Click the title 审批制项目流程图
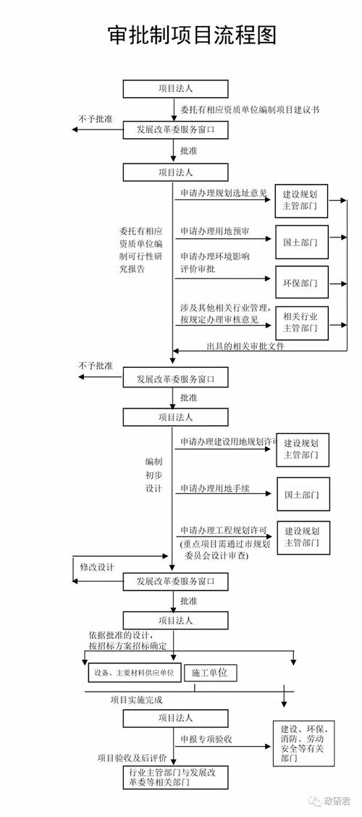pyautogui.click(x=181, y=35)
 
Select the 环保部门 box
pyautogui.click(x=300, y=282)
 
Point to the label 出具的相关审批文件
pyautogui.click(x=245, y=346)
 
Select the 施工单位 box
pyautogui.click(x=209, y=673)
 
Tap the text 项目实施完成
pyautogui.click(x=137, y=700)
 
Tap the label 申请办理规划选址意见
pyautogui.click(x=224, y=194)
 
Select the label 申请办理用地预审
pyautogui.click(x=215, y=232)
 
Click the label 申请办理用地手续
pyautogui.click(x=215, y=489)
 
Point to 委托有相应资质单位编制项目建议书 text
pyautogui.click(x=250, y=110)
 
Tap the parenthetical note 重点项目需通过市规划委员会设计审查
pyautogui.click(x=225, y=548)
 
